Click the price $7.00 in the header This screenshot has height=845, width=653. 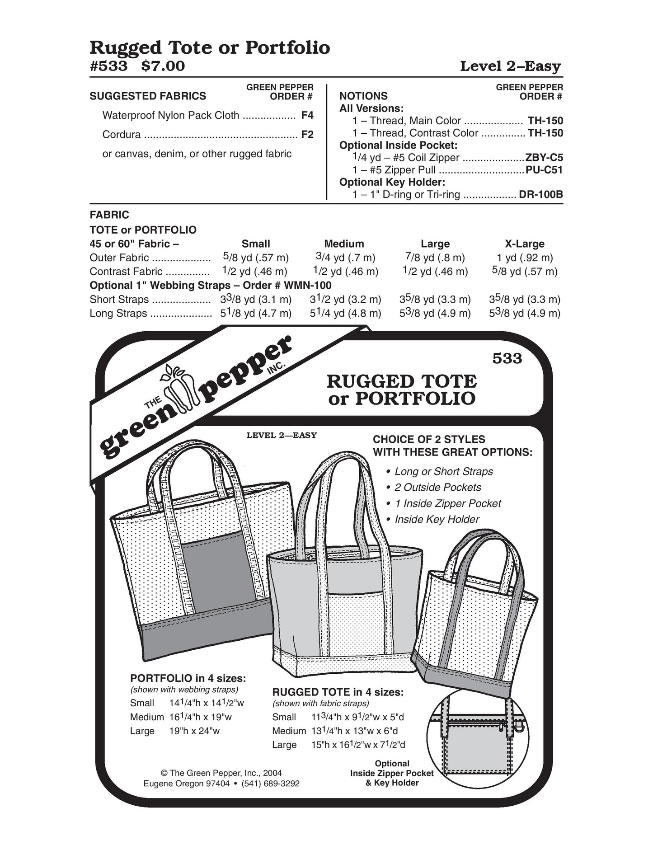tap(163, 66)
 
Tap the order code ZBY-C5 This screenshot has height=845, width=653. tap(544, 158)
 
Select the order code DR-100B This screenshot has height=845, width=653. tap(541, 195)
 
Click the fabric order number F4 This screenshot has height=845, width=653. tap(307, 115)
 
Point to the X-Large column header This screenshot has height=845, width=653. tap(524, 244)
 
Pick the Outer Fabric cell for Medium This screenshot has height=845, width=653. tap(345, 258)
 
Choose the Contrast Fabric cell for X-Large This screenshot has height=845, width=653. tap(524, 272)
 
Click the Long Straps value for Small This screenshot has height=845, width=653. tap(256, 313)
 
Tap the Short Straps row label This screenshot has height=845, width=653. tap(119, 300)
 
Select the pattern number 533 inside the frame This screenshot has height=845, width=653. tap(507, 358)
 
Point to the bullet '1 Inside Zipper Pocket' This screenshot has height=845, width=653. tap(447, 503)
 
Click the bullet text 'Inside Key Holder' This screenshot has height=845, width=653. tap(437, 520)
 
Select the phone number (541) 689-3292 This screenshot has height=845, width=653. tap(272, 784)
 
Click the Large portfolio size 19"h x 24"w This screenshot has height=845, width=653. tap(194, 731)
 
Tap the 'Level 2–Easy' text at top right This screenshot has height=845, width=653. tap(510, 66)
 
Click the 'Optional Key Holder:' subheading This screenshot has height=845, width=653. tap(392, 182)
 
